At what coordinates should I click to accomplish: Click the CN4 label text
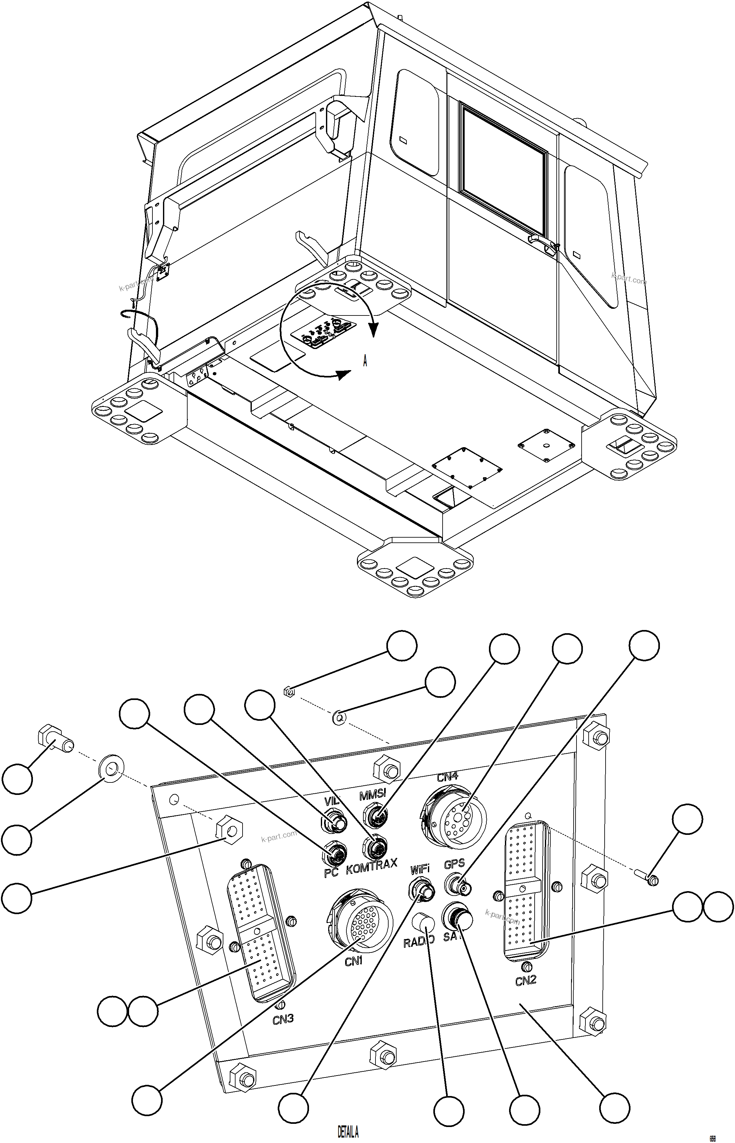[x=447, y=776]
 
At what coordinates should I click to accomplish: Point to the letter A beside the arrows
[x=365, y=361]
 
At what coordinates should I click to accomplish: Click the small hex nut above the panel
[x=289, y=691]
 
